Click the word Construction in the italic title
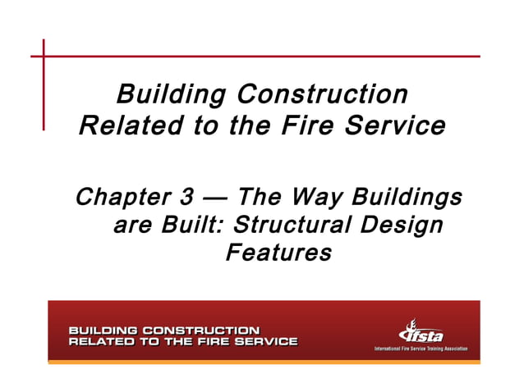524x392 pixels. click(x=322, y=93)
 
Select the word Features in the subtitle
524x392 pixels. click(x=278, y=253)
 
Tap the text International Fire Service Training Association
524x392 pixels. click(x=421, y=349)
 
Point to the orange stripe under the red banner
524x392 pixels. click(x=263, y=362)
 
